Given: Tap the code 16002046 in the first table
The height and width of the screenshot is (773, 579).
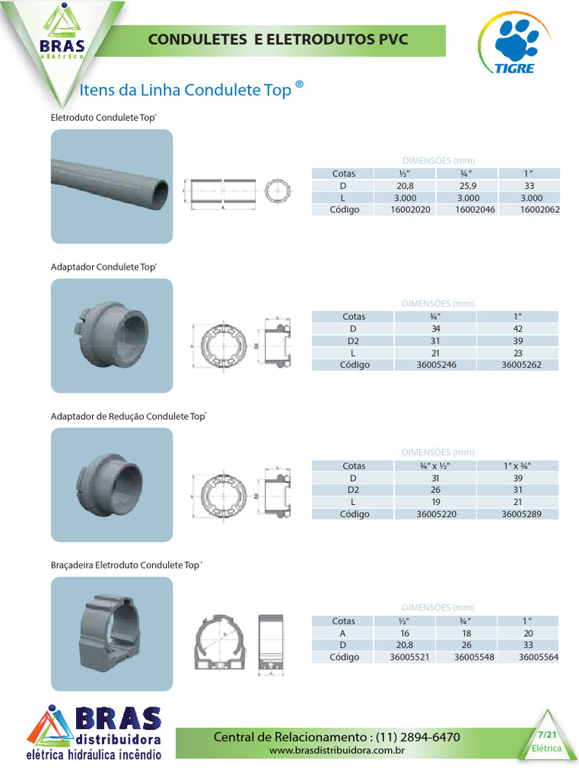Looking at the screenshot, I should (475, 210).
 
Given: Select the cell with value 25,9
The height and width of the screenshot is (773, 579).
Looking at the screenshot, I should (475, 186).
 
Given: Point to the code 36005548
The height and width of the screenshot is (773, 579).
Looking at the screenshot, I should (475, 657).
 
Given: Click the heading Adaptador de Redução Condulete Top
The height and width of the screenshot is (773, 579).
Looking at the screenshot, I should (128, 416).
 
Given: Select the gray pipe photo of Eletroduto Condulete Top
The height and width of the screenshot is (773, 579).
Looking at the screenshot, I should (112, 186).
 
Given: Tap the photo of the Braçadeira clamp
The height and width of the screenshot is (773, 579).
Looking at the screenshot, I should (112, 633).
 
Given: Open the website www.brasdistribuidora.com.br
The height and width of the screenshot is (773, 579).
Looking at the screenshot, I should (337, 751).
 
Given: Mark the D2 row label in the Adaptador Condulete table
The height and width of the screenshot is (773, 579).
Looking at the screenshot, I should (354, 340).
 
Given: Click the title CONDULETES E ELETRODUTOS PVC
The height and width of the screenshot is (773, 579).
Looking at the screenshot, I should (278, 39).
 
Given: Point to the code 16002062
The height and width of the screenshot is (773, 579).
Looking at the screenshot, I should (540, 210).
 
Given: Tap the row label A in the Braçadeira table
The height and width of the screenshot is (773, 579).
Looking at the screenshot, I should (343, 633).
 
